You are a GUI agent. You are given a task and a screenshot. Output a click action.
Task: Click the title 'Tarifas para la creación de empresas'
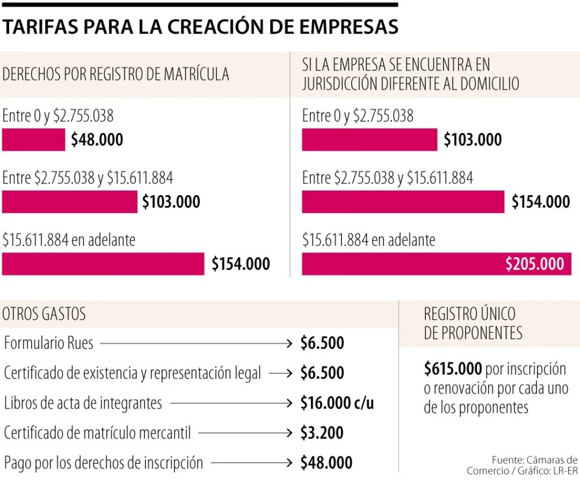pyautogui.click(x=200, y=26)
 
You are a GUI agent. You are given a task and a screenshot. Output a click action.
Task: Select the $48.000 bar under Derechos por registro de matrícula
pyautogui.click(x=33, y=140)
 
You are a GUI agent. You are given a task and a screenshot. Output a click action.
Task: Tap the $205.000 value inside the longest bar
pyautogui.click(x=534, y=264)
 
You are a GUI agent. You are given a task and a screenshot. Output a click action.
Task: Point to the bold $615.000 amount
pyautogui.click(x=453, y=369)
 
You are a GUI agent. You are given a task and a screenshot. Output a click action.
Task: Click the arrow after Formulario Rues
pyautogui.click(x=195, y=343)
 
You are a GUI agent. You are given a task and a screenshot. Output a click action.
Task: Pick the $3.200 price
pyautogui.click(x=322, y=433)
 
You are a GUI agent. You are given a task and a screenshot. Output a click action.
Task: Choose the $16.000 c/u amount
pyautogui.click(x=337, y=403)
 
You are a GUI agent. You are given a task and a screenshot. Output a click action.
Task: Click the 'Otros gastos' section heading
pyautogui.click(x=44, y=314)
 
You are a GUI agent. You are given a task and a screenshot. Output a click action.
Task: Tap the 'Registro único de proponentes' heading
pyautogui.click(x=473, y=323)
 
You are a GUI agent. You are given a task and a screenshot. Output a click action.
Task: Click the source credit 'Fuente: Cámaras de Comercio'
pyautogui.click(x=522, y=465)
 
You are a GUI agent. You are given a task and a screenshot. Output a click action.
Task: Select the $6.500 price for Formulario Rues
pyautogui.click(x=322, y=343)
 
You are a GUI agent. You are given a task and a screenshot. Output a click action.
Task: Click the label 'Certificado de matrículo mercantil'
pyautogui.click(x=97, y=433)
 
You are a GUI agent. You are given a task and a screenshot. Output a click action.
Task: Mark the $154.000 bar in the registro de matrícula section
pyautogui.click(x=103, y=264)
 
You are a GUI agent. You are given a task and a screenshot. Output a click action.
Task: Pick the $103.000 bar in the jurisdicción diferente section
pyautogui.click(x=369, y=140)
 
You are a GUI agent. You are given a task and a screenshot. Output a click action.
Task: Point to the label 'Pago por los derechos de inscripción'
pyautogui.click(x=103, y=463)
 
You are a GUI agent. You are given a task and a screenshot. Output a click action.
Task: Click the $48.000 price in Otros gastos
pyautogui.click(x=326, y=463)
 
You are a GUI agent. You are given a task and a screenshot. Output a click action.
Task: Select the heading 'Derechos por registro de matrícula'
pyautogui.click(x=116, y=74)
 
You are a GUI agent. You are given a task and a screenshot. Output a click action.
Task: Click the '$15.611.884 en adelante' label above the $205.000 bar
pyautogui.click(x=369, y=240)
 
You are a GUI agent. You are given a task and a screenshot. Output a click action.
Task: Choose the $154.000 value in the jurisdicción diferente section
pyautogui.click(x=540, y=202)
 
